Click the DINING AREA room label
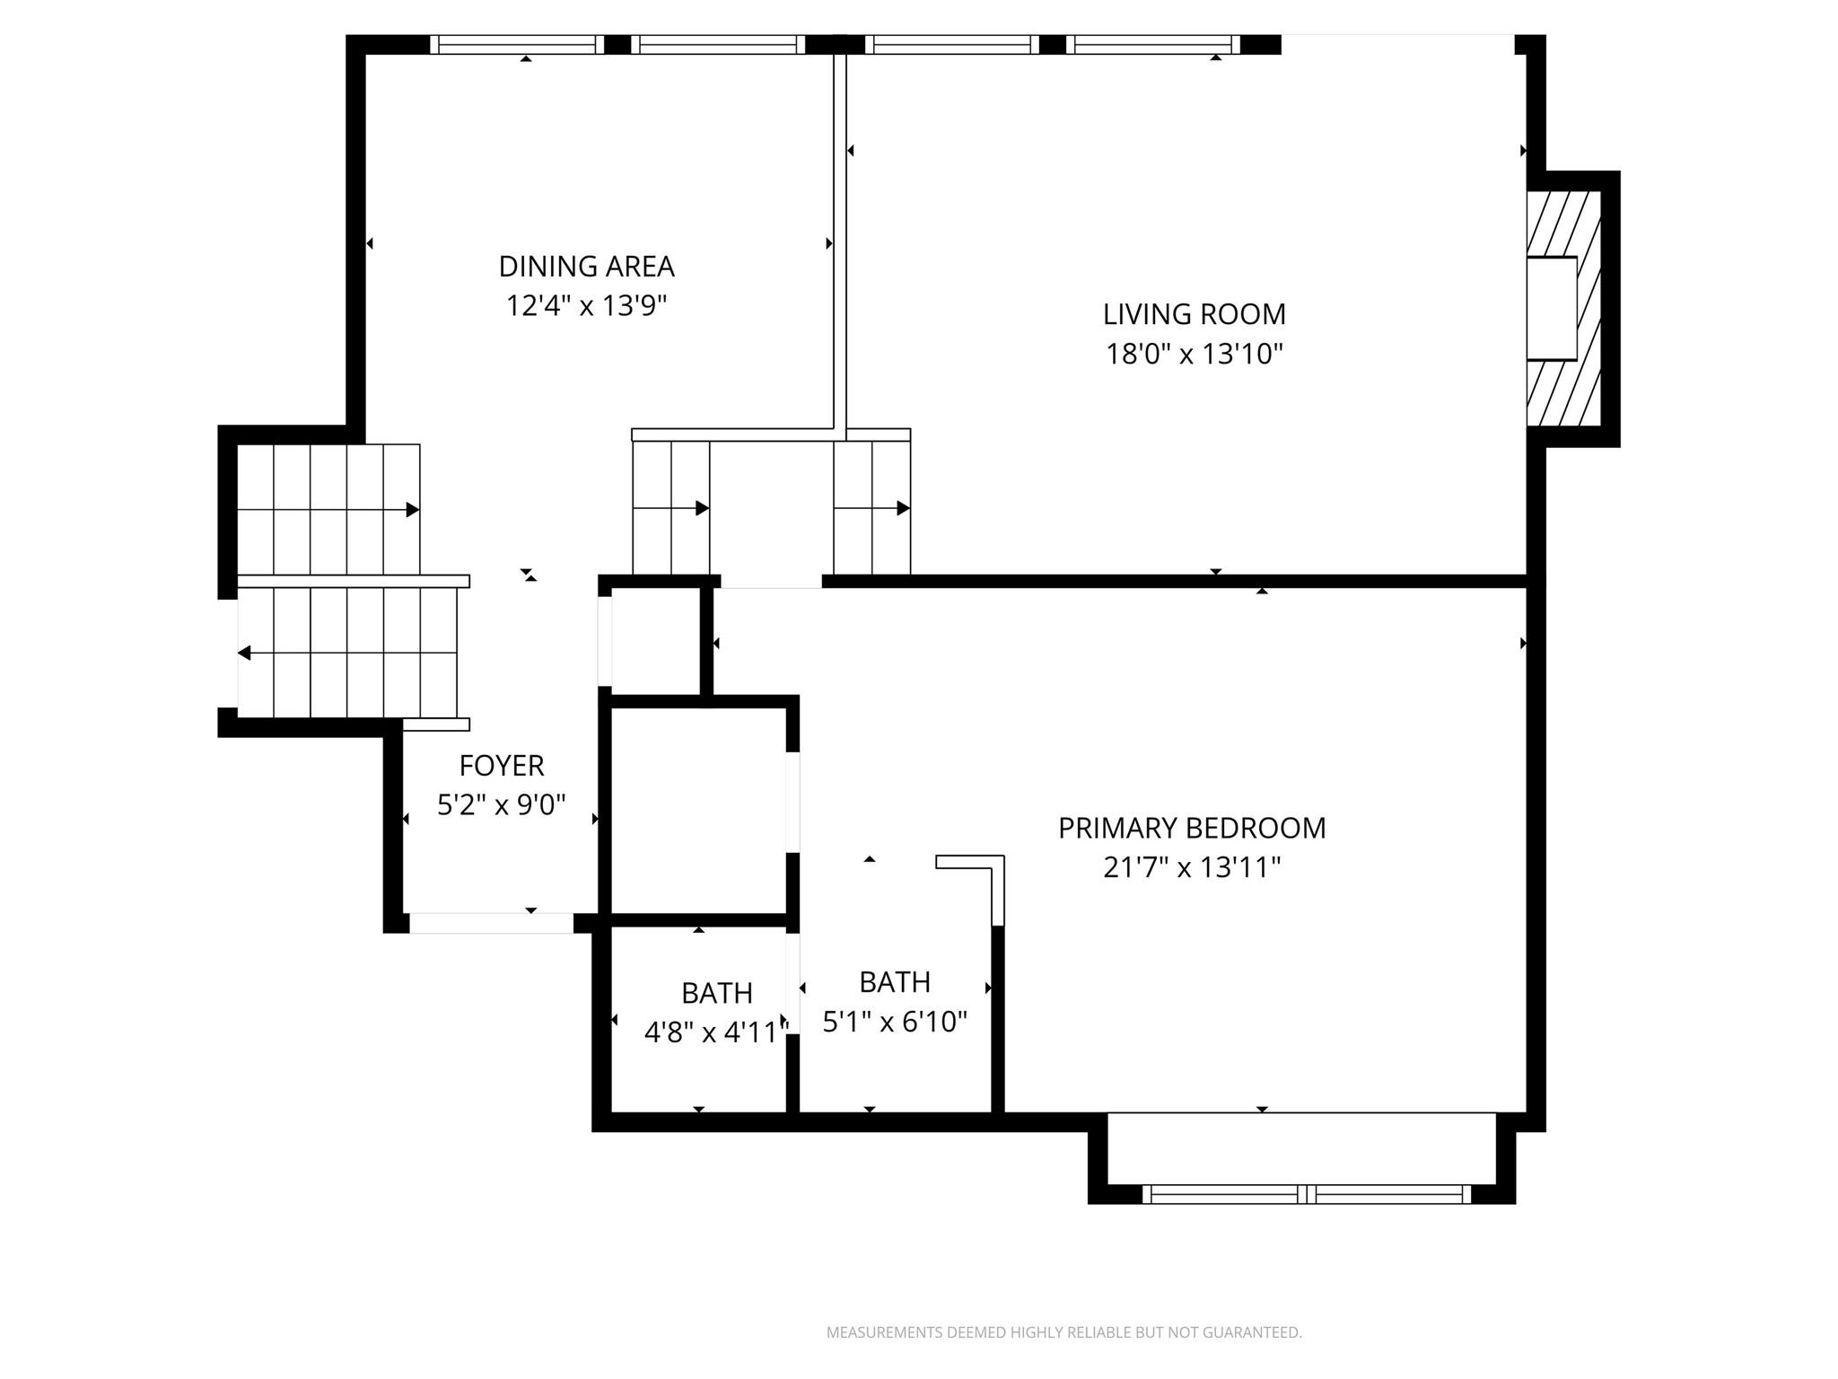586,267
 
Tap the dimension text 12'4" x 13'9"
586,306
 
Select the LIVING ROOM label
1194,314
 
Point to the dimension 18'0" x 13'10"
1194,355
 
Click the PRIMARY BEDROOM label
1191,828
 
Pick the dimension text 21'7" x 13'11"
1191,868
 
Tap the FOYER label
501,766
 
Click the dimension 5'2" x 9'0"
501,805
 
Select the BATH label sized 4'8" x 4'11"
716,993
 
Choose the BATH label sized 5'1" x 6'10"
894,982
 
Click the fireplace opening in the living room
1553,309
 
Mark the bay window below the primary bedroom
1306,1193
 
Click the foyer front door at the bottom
491,923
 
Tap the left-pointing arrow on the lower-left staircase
244,653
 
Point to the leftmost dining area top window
516,45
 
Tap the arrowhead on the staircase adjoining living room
903,508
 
